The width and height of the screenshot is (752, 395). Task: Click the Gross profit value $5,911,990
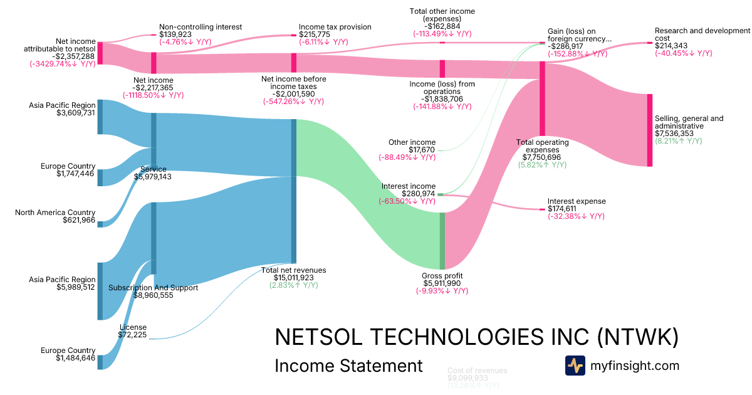(442, 283)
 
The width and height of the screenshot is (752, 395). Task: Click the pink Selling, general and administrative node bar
(649, 130)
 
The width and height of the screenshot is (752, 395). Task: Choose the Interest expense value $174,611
(568, 209)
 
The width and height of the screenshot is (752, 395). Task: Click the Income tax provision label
(335, 27)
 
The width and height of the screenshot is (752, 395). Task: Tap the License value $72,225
(132, 335)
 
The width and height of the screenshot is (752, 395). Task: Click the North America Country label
(55, 213)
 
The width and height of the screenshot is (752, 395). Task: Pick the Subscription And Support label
(153, 288)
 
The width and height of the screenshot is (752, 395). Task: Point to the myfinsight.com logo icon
(575, 366)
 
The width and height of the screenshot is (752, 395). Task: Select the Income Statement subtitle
(348, 366)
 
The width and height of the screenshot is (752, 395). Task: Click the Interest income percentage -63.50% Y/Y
(407, 202)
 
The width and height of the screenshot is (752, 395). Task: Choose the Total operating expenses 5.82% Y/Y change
(542, 165)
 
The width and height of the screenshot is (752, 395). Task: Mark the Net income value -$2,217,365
(154, 88)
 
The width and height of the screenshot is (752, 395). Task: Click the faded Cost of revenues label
(477, 371)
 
